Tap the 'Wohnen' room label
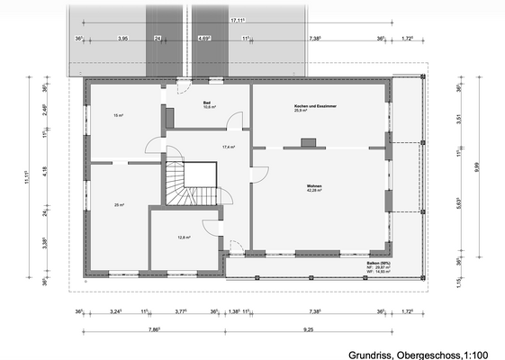coord(313,187)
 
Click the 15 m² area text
coord(117,116)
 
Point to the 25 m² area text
coord(119,205)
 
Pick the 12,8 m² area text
coord(184,238)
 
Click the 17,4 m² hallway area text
coord(229,147)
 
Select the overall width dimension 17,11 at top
coord(238,19)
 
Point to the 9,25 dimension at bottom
coord(308,331)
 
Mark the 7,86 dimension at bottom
coord(154,331)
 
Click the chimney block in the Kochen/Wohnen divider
coord(308,141)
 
